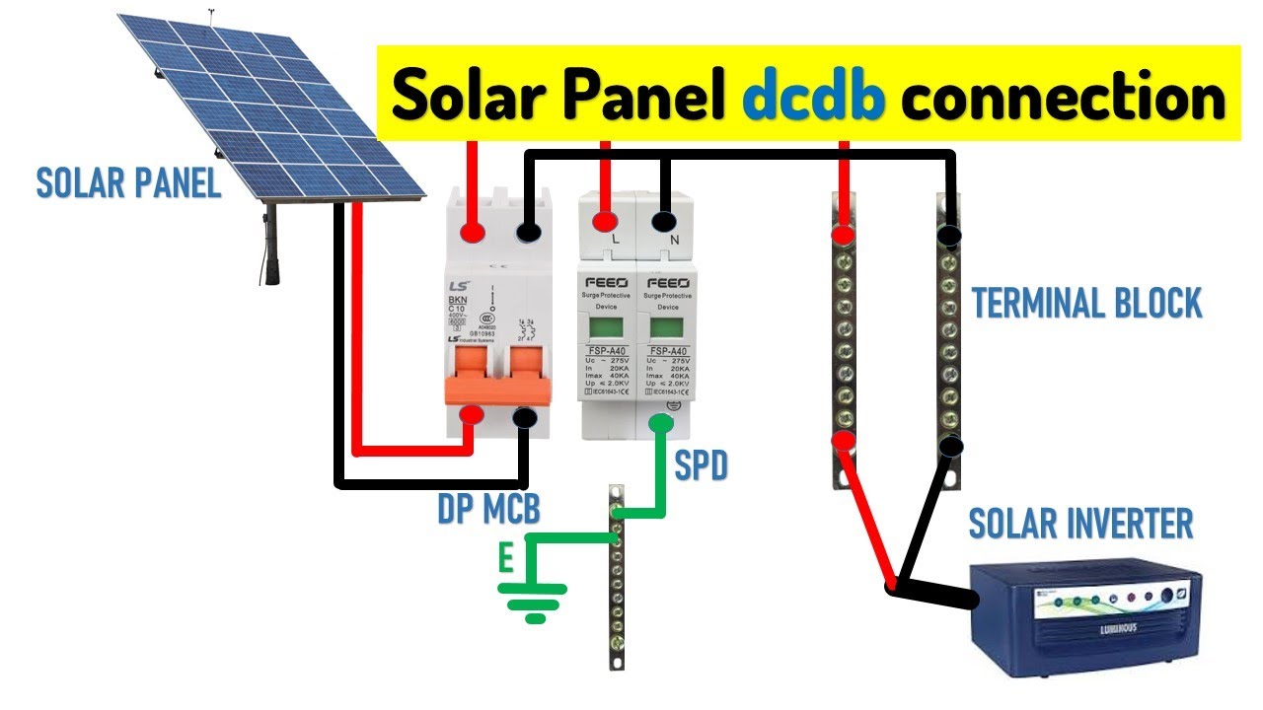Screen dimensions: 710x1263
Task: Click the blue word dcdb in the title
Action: click(813, 96)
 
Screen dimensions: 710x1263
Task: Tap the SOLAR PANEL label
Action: click(128, 183)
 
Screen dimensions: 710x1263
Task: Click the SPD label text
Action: click(701, 465)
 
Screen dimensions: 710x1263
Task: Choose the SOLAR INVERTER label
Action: click(1081, 524)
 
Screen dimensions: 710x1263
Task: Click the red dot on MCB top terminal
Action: click(473, 233)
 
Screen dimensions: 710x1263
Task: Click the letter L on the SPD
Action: click(616, 240)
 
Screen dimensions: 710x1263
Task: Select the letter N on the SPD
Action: click(675, 240)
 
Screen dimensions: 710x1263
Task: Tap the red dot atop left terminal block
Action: click(843, 235)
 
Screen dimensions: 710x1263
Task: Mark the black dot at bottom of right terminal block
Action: click(950, 447)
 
